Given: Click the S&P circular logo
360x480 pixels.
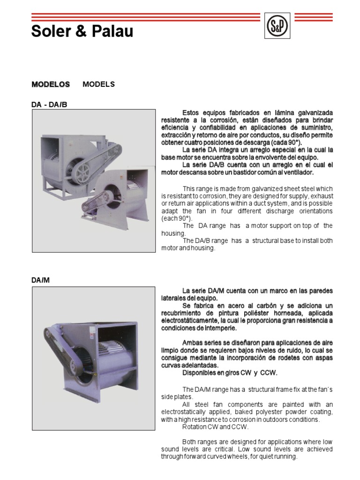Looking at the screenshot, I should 277,27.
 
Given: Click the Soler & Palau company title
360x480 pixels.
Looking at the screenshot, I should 82,31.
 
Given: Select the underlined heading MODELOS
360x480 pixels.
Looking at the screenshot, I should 51,84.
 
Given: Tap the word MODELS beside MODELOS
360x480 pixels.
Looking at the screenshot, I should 98,84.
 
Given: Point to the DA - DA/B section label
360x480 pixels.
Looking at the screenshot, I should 49,104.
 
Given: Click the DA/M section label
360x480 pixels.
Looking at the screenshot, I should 40,280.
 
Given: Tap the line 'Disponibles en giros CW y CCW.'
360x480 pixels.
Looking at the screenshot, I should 230,373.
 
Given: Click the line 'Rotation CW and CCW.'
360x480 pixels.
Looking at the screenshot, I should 215,427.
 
